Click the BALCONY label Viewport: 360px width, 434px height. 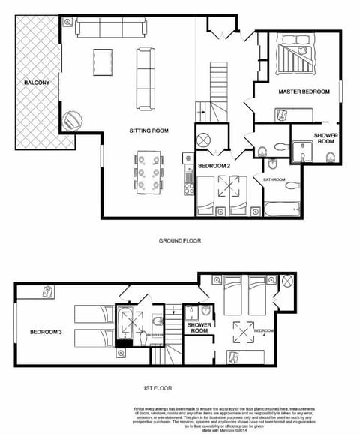coord(36,83)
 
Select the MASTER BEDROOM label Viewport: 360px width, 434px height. coord(304,92)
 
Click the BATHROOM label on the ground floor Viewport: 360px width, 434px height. coord(274,180)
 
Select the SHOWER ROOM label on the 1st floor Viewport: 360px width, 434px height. coord(199,327)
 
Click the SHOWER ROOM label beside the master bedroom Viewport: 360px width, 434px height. coord(325,139)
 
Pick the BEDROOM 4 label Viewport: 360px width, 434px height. coord(264,333)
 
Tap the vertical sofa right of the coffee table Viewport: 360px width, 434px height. coord(145,78)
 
